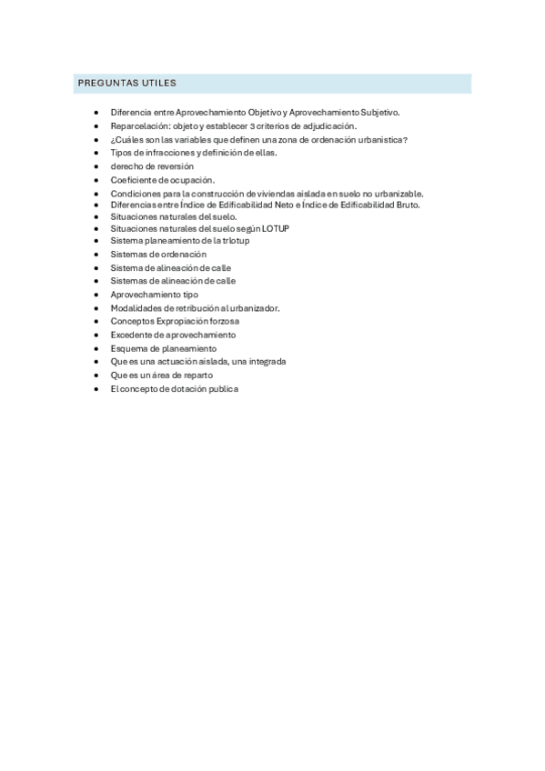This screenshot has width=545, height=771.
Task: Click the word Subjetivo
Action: pyautogui.click(x=378, y=113)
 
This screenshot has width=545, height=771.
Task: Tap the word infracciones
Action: pyautogui.click(x=168, y=153)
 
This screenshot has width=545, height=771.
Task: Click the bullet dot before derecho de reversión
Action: pyautogui.click(x=96, y=166)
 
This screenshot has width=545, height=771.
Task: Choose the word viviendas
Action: pyautogui.click(x=278, y=194)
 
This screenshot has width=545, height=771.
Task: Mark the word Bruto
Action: pyautogui.click(x=404, y=205)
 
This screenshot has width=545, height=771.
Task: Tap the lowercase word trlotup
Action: pyautogui.click(x=235, y=241)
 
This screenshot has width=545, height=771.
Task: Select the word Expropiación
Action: pyautogui.click(x=187, y=321)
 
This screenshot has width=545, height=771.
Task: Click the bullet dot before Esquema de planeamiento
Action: pyautogui.click(x=96, y=348)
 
